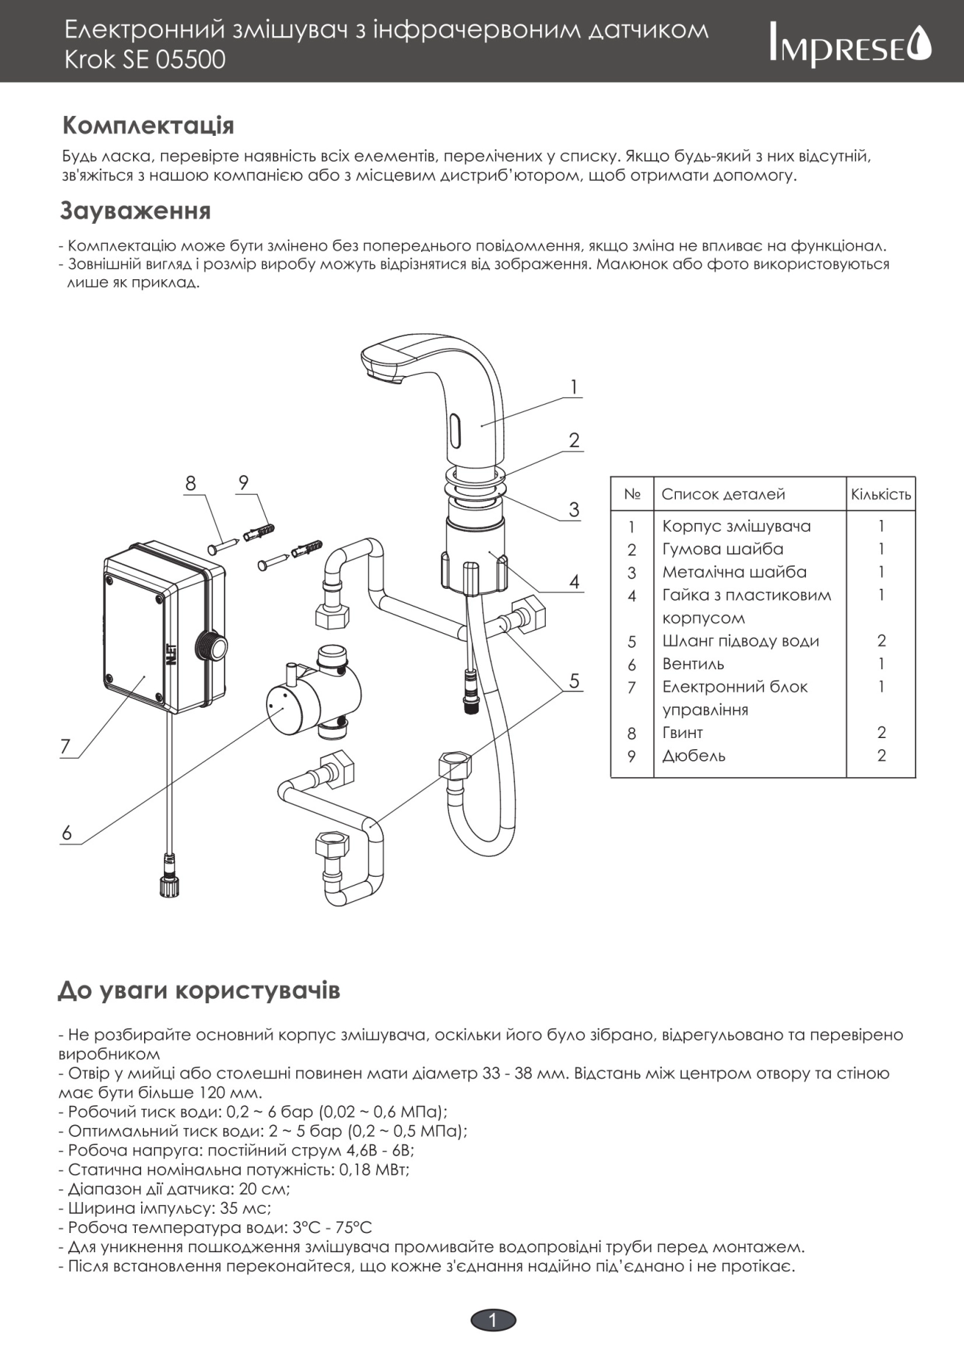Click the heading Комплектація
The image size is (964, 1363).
(148, 126)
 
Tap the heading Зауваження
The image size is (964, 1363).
(135, 211)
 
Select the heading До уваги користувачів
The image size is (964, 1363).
(199, 990)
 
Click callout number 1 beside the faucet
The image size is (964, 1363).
(574, 386)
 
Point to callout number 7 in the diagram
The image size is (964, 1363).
(66, 746)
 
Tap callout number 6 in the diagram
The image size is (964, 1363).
(66, 833)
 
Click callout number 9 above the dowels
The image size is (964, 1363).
(244, 482)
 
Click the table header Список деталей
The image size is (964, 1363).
(722, 494)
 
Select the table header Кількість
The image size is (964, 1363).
(881, 494)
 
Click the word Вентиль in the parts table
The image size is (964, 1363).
(693, 663)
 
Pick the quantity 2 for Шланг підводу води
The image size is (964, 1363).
(881, 640)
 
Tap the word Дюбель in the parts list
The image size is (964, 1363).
(694, 756)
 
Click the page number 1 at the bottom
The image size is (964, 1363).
(493, 1320)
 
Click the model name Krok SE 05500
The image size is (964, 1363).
(145, 59)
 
